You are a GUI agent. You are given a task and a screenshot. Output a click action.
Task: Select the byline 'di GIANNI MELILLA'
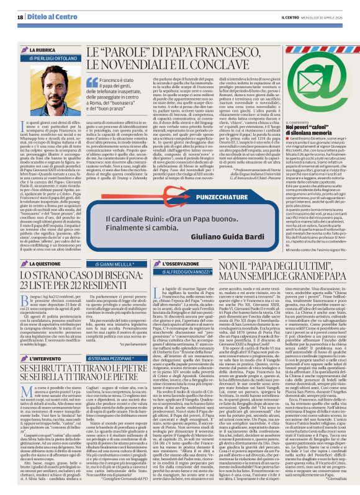[x=115, y=246]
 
